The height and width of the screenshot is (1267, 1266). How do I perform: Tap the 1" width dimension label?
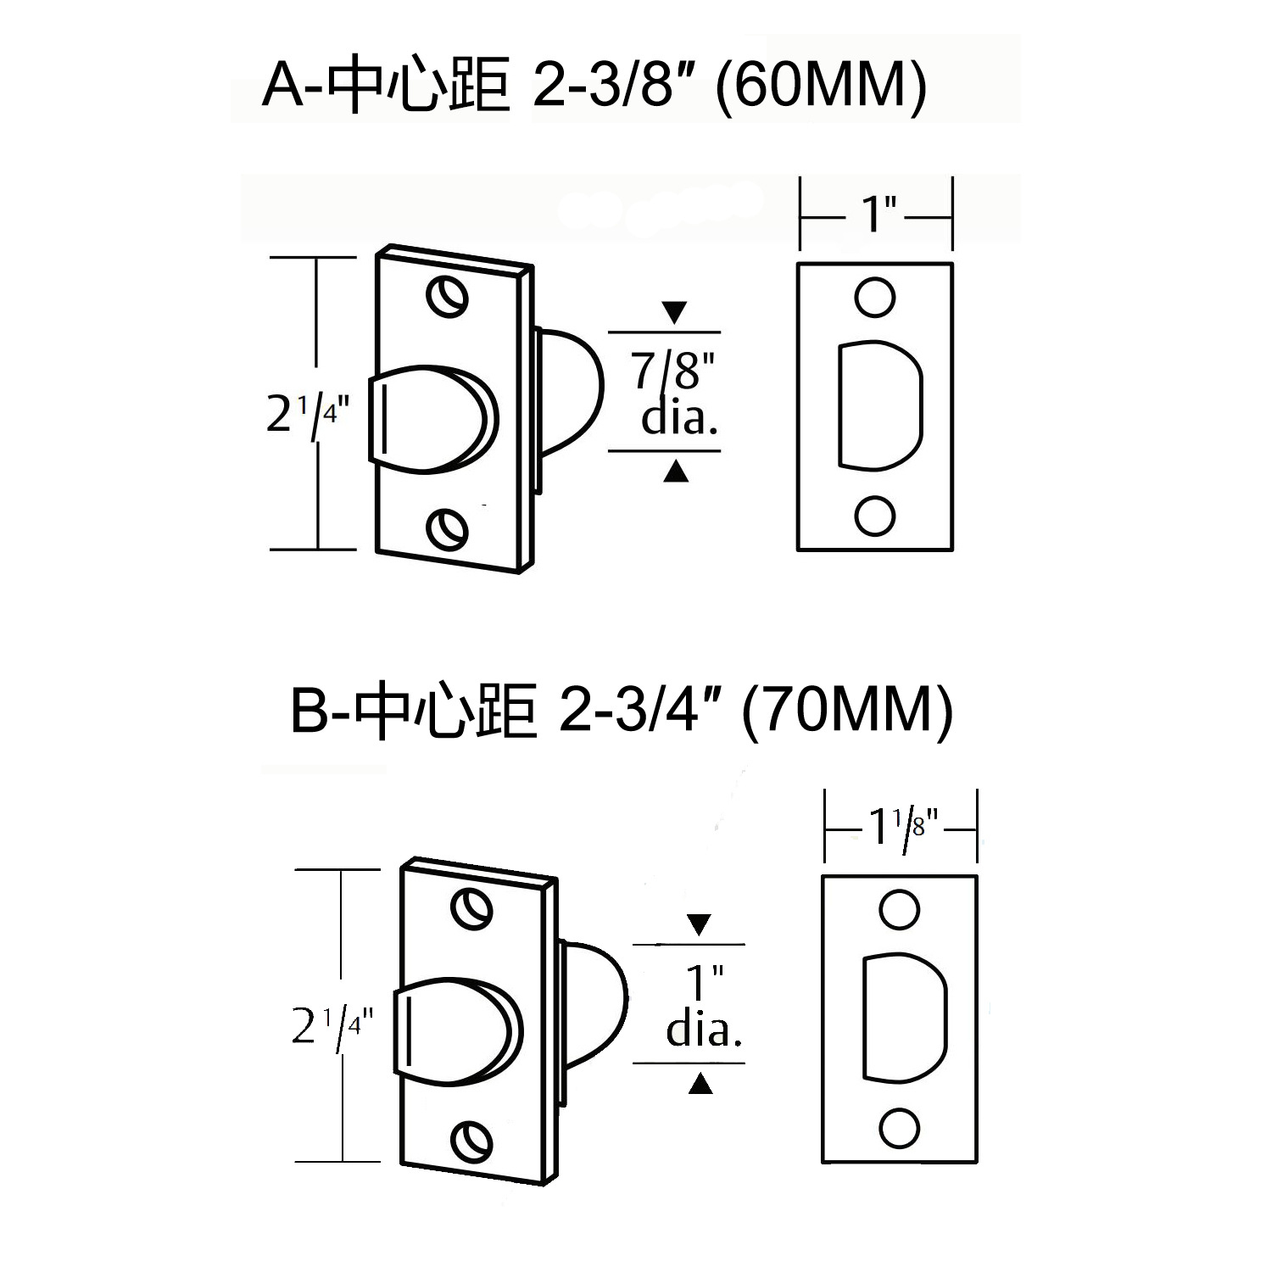pos(877,215)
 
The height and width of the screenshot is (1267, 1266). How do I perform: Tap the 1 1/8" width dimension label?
pos(902,826)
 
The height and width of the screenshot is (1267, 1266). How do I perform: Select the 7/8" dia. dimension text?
pos(674,393)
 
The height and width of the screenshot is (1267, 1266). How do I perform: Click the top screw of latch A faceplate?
pos(447,297)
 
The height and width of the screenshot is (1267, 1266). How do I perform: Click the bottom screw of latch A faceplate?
pos(447,530)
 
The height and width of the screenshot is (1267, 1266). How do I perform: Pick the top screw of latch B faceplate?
pos(471,909)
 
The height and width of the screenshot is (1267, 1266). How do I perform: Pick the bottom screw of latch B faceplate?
pos(471,1141)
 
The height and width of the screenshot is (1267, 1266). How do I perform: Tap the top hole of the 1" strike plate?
pos(874,297)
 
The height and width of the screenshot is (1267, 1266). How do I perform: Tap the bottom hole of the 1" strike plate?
pos(874,515)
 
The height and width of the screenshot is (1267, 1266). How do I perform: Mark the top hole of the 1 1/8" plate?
pos(899,910)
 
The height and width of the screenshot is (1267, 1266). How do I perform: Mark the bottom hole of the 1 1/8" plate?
pos(899,1128)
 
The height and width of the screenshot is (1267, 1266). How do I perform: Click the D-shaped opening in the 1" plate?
pos(878,405)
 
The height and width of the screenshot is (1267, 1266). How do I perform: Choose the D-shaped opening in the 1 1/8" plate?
pos(902,1019)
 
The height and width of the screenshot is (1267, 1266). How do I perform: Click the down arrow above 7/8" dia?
pos(674,312)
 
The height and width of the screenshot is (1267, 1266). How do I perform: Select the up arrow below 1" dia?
pos(700,1083)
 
